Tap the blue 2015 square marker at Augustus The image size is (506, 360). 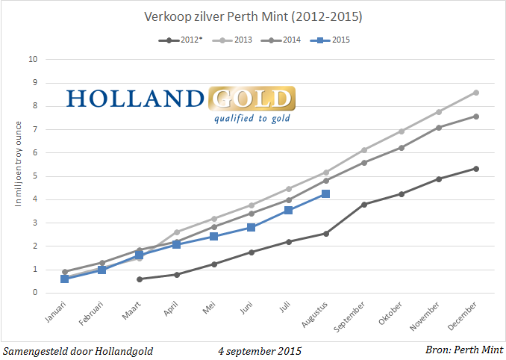click(325, 194)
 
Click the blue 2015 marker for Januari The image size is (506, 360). click(65, 279)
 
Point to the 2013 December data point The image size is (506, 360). click(476, 93)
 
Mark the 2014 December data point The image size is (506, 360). click(476, 116)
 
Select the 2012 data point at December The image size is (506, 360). click(476, 169)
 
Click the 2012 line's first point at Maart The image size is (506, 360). click(140, 279)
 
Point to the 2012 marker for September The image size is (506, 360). click(364, 204)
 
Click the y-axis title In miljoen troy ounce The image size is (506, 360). click(17, 176)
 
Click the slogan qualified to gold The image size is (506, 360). click(252, 118)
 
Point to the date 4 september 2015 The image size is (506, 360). click(260, 350)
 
